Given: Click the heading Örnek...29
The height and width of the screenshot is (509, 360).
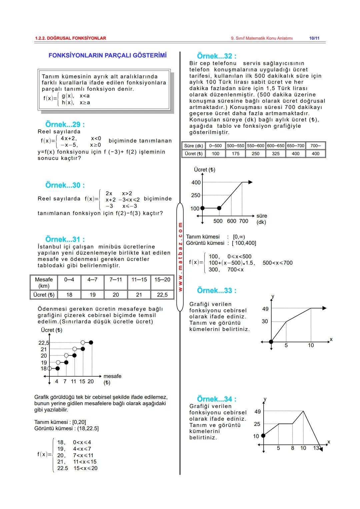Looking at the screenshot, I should [x=65, y=125].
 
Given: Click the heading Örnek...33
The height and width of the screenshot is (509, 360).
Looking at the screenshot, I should [x=217, y=291].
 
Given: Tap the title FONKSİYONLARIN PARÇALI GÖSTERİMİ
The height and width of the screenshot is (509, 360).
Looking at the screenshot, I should [x=107, y=55].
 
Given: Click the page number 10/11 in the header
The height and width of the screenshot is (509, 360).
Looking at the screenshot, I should [x=314, y=38].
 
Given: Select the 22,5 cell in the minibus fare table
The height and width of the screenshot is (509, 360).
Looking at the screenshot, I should [x=162, y=295].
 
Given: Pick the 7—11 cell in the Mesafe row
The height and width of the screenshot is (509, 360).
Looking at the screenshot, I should [x=116, y=280].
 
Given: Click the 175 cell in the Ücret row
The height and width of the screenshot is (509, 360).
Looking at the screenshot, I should [x=236, y=154].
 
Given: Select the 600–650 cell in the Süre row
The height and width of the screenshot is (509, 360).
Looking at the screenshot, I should [x=276, y=146].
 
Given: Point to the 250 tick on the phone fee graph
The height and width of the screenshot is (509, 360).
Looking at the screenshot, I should [x=196, y=195].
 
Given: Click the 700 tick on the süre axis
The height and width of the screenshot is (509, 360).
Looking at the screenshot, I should [x=244, y=221].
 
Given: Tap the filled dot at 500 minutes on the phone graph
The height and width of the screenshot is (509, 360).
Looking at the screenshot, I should [x=219, y=208].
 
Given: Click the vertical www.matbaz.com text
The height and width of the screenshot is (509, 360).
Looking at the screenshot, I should [x=180, y=257].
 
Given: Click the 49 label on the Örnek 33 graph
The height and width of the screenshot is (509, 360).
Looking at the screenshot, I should [x=265, y=309].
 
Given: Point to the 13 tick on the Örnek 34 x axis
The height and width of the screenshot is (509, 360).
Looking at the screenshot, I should [x=316, y=448].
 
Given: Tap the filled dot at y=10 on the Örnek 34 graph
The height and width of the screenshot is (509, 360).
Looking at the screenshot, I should [x=263, y=435].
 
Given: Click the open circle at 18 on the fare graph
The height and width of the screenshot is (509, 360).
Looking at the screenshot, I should [x=50, y=369].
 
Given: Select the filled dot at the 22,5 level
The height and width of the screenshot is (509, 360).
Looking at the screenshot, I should [x=91, y=342].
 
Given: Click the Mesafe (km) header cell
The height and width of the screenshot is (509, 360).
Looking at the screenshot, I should [x=44, y=283].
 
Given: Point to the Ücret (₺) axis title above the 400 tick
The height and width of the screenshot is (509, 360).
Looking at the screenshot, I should [x=204, y=170].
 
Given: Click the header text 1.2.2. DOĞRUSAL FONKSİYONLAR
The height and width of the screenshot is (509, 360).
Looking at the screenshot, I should [x=70, y=38].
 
